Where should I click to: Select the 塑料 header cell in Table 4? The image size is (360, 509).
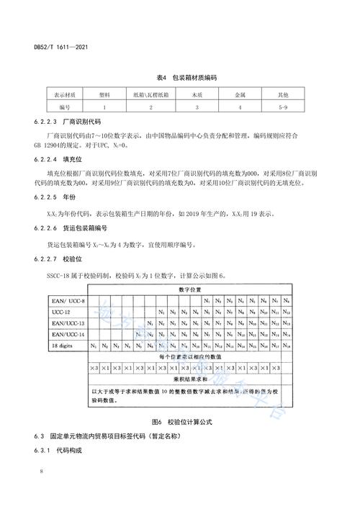[106, 94]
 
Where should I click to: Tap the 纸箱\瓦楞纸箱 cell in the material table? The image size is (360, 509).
[150, 94]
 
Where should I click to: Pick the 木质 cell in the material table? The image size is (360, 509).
[195, 94]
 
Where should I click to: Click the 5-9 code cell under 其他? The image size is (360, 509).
[284, 107]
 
